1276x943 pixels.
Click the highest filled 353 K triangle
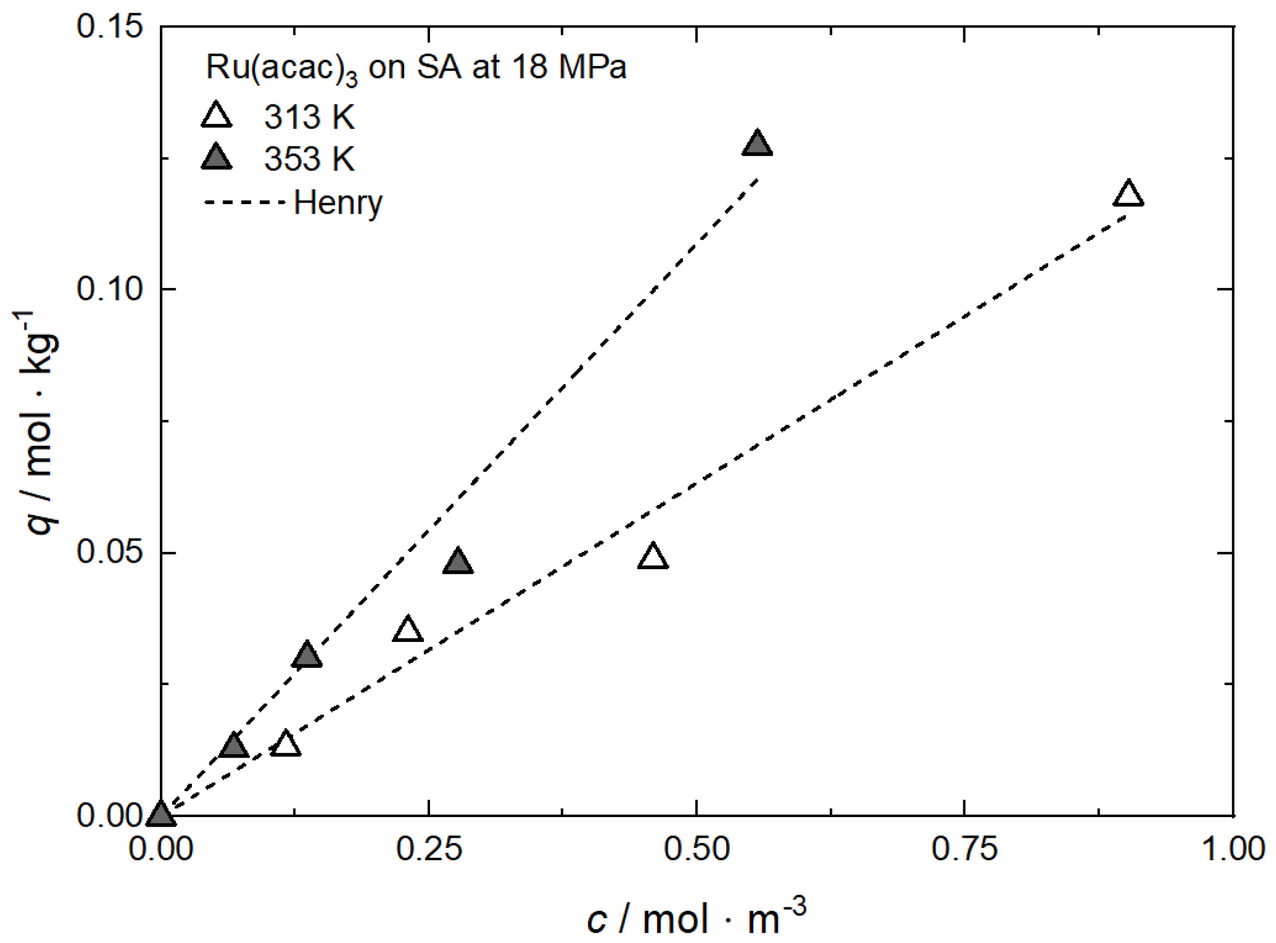point(757,144)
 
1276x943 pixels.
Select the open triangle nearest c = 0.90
point(1128,194)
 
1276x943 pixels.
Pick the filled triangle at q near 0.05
point(458,563)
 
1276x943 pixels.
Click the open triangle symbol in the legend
point(216,116)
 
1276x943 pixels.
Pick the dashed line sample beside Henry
point(244,202)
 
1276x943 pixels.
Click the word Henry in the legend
point(338,202)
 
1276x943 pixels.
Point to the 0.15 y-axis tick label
point(109,27)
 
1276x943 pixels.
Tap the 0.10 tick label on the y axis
point(109,289)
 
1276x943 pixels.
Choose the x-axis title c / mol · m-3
point(696,917)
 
